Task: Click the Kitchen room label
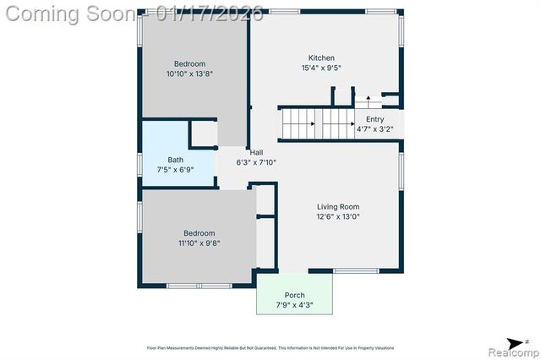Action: click(320, 58)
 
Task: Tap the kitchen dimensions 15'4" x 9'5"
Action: click(320, 68)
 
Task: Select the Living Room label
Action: click(338, 206)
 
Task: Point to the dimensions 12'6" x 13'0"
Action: click(338, 216)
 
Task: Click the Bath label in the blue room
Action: click(175, 160)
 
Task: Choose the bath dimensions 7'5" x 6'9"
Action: click(175, 170)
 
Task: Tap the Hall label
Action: click(255, 152)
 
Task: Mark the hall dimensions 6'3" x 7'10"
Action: click(255, 162)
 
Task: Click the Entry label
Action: click(374, 120)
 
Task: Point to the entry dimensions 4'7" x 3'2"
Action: click(374, 130)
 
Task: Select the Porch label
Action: click(294, 295)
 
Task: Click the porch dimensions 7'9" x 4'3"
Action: click(294, 305)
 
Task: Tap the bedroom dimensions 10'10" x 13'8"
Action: click(189, 74)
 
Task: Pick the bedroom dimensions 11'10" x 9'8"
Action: click(196, 243)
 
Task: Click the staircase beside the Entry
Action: click(316, 124)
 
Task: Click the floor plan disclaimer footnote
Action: click(270, 348)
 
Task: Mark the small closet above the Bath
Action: click(204, 134)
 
